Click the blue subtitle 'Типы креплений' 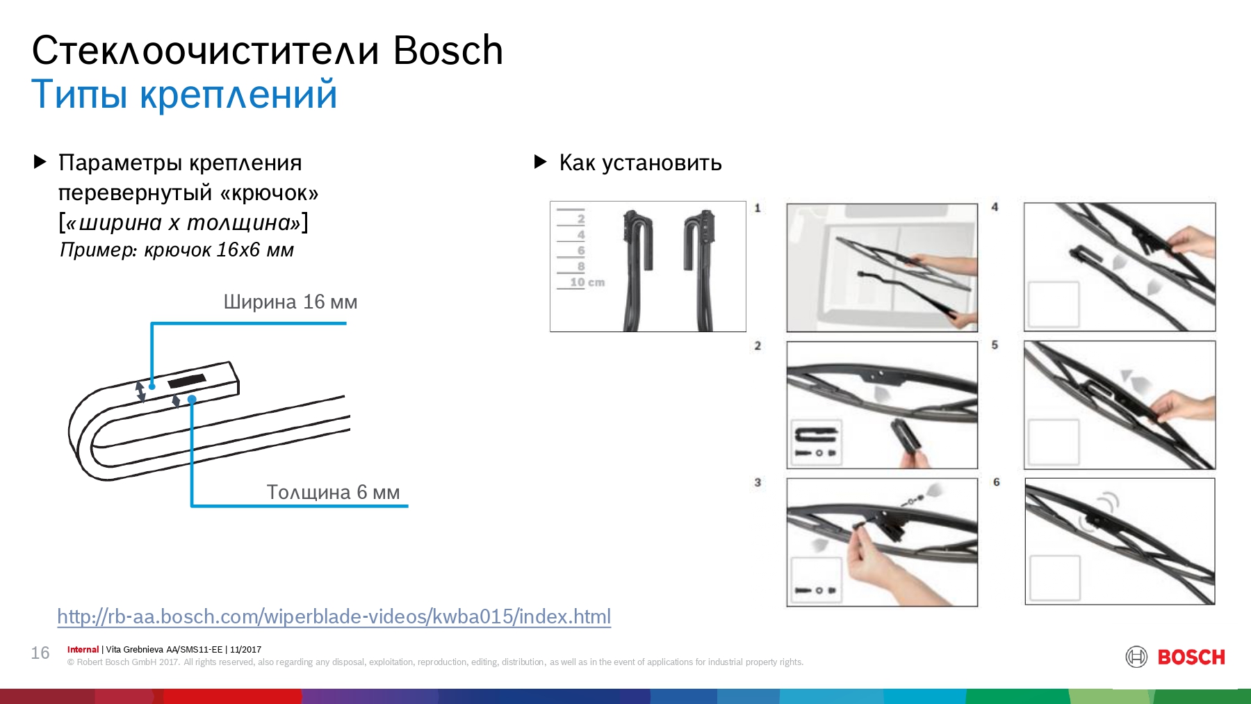pyautogui.click(x=184, y=95)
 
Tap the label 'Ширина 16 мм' pyautogui.click(x=291, y=302)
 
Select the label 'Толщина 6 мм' pyautogui.click(x=333, y=492)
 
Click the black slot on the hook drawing pyautogui.click(x=187, y=381)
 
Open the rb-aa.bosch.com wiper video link pyautogui.click(x=334, y=616)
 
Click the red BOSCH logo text pyautogui.click(x=1191, y=657)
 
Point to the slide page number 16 pyautogui.click(x=40, y=653)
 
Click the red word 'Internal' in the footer pyautogui.click(x=83, y=650)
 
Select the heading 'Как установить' pyautogui.click(x=640, y=163)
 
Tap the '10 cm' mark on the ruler pyautogui.click(x=587, y=282)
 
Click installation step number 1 pyautogui.click(x=758, y=208)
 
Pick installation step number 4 pyautogui.click(x=995, y=207)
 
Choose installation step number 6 pyautogui.click(x=997, y=482)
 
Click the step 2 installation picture pyautogui.click(x=882, y=405)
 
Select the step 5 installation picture pyautogui.click(x=1120, y=405)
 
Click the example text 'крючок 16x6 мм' pyautogui.click(x=219, y=250)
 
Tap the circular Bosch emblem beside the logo pyautogui.click(x=1136, y=657)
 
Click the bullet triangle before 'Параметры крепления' pyautogui.click(x=40, y=162)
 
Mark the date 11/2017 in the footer pyautogui.click(x=245, y=650)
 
